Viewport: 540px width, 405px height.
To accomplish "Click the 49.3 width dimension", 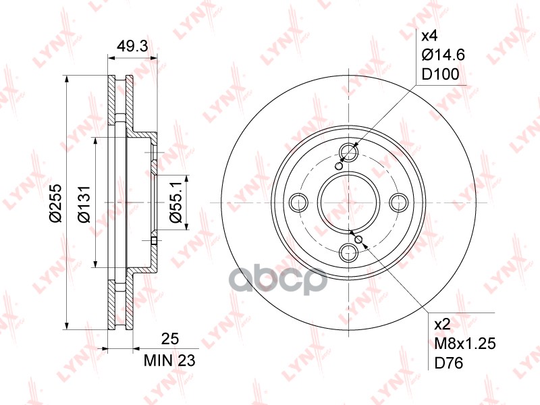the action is [x=132, y=45].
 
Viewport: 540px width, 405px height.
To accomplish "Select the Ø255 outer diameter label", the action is [x=55, y=203].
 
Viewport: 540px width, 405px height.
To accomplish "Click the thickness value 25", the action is [x=170, y=339].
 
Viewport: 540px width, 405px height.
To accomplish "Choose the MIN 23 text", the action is [x=169, y=360].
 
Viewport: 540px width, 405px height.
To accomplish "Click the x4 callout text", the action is [x=429, y=36].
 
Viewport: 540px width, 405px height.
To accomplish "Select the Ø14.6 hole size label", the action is [x=443, y=55].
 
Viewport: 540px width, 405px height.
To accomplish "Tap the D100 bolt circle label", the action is [x=441, y=74].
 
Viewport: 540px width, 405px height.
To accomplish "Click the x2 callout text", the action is [x=442, y=324].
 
